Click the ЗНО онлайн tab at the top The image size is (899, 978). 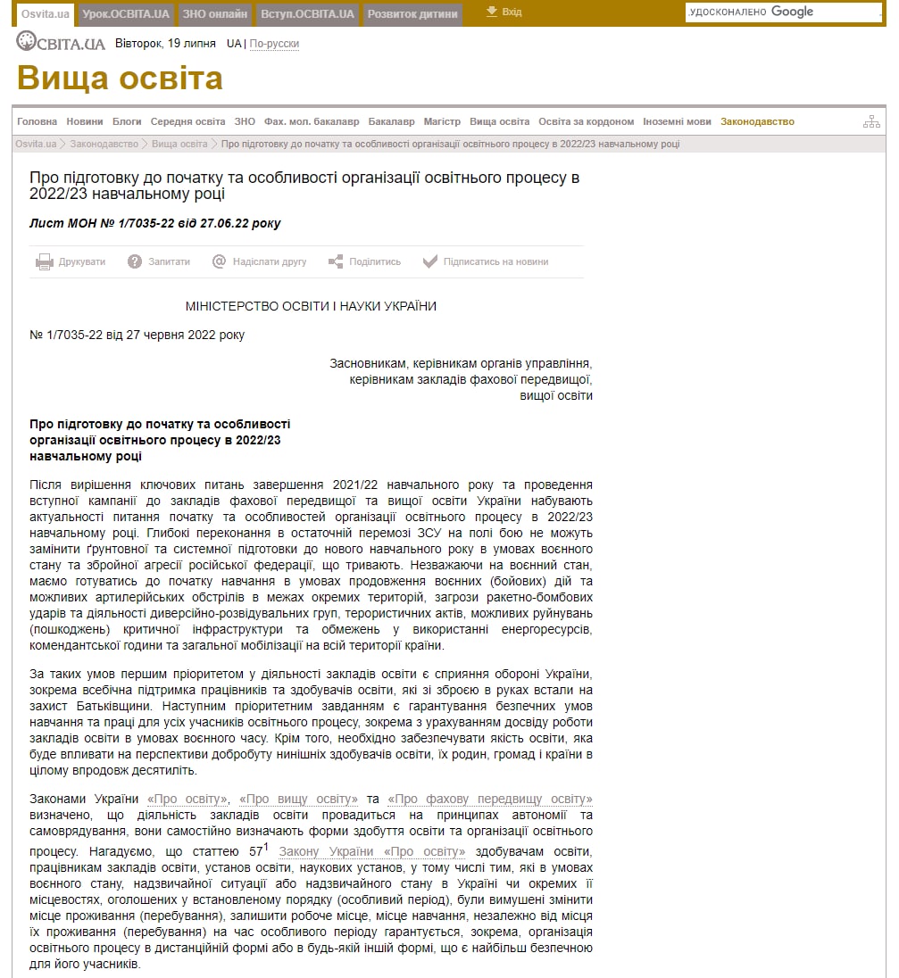[x=214, y=13]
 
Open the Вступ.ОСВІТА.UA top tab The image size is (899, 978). [x=307, y=13]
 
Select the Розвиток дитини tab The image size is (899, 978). [x=412, y=13]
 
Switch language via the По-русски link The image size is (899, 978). [x=274, y=44]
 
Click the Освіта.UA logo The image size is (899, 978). [x=61, y=43]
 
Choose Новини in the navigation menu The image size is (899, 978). [x=84, y=121]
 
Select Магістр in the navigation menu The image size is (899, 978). [x=442, y=121]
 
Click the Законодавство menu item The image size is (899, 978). [x=757, y=121]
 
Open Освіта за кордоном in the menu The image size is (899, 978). [x=586, y=121]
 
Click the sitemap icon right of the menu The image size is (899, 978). [x=871, y=121]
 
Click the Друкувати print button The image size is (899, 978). [x=71, y=261]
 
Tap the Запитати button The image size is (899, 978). [x=160, y=261]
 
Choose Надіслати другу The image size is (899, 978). [x=260, y=261]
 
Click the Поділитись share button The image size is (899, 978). [x=365, y=261]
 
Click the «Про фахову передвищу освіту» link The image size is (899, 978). [x=491, y=799]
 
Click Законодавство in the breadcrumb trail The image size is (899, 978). [x=104, y=144]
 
